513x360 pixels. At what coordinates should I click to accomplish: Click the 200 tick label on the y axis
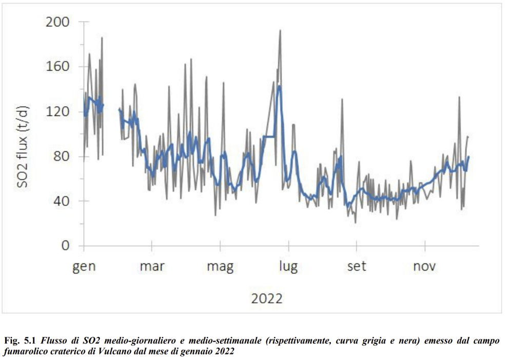pos(57,22)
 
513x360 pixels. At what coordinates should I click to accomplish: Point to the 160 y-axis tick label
pos(57,67)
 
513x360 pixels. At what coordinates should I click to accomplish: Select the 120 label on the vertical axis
pos(57,111)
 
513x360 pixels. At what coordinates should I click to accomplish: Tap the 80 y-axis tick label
pos(62,156)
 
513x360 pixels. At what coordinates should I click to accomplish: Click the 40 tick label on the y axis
pos(62,201)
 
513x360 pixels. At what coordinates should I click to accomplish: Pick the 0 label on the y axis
pos(66,245)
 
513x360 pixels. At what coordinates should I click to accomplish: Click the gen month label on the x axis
pos(84,267)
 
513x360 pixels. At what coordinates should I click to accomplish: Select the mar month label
pos(152,267)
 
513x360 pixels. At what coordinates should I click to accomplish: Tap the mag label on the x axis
pos(220,267)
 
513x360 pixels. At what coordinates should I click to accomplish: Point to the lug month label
pos(288,267)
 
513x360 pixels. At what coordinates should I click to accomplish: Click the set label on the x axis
pos(357,267)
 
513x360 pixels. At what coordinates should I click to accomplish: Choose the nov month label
pos(424,267)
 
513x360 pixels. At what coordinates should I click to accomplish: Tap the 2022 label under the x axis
pos(267,298)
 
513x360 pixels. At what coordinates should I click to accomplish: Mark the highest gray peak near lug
pos(280,30)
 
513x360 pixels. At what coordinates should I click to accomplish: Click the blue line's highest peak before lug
pos(279,86)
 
